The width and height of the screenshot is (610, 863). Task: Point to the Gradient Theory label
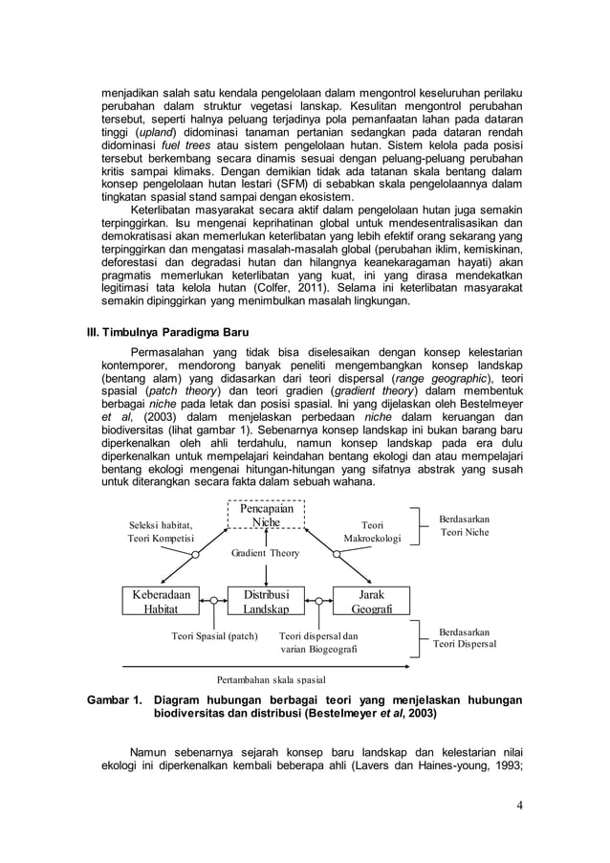(x=266, y=553)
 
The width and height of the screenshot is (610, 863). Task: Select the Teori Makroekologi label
(x=372, y=531)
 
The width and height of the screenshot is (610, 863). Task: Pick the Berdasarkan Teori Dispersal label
(x=464, y=638)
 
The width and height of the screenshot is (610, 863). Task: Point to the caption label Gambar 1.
(x=114, y=700)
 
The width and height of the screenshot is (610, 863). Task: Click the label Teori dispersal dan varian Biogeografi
(x=319, y=642)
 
